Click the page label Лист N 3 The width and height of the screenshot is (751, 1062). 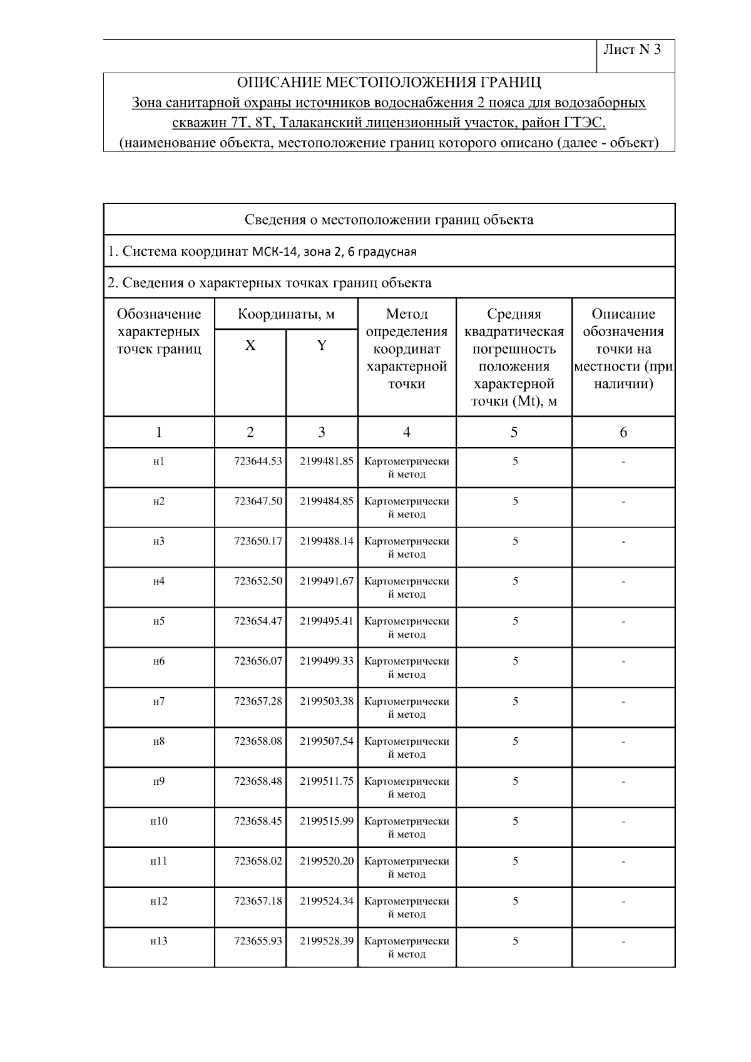click(631, 50)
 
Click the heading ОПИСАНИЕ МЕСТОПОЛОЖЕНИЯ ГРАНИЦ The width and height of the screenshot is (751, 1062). click(389, 83)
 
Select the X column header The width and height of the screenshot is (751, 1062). click(250, 345)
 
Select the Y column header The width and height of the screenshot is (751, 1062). click(322, 345)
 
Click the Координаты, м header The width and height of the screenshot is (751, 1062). click(286, 314)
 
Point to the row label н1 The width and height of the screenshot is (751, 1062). click(159, 462)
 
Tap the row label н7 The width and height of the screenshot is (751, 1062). click(159, 702)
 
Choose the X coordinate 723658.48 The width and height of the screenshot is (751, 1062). click(258, 782)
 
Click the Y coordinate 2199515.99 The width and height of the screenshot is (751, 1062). click(327, 822)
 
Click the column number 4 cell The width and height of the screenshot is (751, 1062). click(407, 432)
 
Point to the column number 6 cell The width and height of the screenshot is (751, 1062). click(623, 432)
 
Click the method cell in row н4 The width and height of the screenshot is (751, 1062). click(407, 588)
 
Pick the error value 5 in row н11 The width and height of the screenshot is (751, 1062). click(515, 862)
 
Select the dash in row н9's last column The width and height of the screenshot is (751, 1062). click(623, 782)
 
